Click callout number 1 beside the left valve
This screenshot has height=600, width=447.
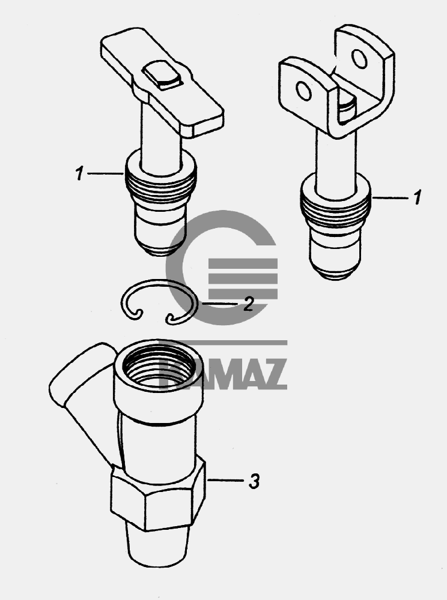click(79, 174)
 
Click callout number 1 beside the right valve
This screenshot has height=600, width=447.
click(417, 197)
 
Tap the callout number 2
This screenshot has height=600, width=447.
click(248, 304)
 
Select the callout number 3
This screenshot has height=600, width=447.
click(254, 481)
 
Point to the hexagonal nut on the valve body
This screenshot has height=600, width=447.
click(158, 496)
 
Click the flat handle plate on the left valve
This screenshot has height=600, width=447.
click(162, 81)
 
